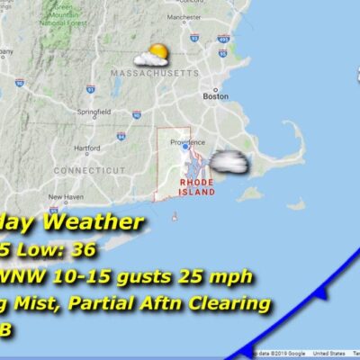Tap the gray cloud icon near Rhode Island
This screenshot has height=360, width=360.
(x=229, y=162)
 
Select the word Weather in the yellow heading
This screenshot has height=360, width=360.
(x=91, y=222)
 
